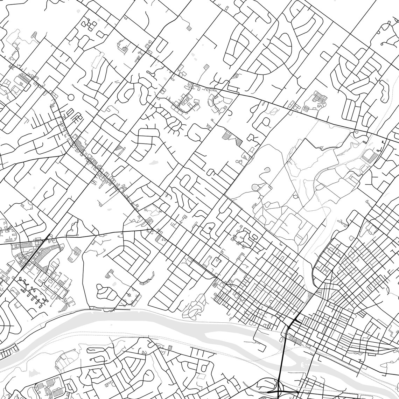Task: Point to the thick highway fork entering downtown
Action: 293,321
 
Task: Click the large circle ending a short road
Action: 71,97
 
